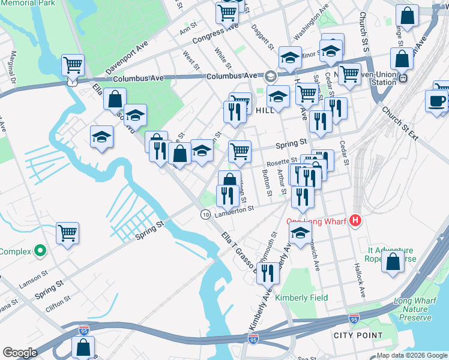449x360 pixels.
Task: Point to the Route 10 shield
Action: (x=205, y=214)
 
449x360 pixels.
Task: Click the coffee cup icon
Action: (x=436, y=101)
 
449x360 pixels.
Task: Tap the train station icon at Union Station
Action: (x=403, y=77)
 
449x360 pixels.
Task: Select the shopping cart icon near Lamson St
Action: (x=67, y=233)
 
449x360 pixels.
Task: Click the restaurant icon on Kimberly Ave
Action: (x=268, y=272)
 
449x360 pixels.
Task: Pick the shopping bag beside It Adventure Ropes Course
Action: (x=393, y=262)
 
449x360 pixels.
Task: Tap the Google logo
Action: (x=20, y=352)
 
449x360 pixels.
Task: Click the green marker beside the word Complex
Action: (x=40, y=250)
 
